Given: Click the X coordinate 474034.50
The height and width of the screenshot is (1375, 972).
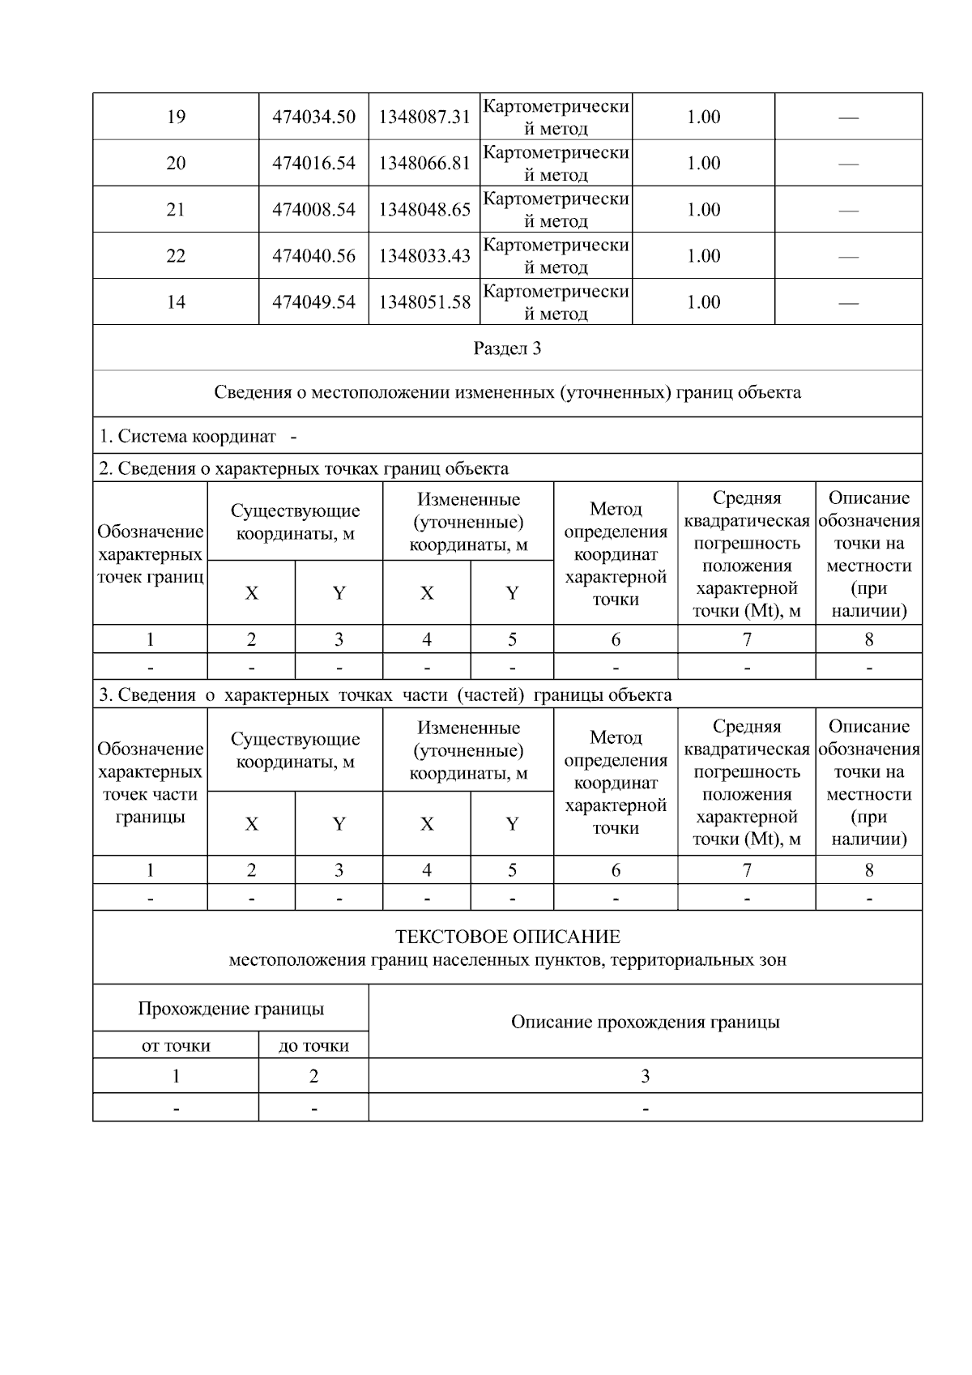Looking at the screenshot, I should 313,117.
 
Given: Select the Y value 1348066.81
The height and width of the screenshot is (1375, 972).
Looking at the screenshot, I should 424,163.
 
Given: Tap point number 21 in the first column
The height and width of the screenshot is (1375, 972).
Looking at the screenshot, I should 176,210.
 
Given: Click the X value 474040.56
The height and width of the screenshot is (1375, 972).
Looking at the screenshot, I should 313,256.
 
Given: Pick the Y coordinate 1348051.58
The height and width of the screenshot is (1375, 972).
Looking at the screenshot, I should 424,302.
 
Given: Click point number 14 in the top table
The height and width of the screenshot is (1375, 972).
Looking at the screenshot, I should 176,302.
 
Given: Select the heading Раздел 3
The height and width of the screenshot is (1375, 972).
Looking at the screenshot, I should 507,348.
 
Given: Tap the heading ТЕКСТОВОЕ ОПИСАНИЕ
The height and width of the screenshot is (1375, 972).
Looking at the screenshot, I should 507,937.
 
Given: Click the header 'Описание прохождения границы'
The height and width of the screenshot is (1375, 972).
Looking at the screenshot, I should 645,1022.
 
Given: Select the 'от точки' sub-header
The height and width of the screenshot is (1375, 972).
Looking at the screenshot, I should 176,1046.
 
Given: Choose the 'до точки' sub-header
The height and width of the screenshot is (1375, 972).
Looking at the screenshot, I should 313,1046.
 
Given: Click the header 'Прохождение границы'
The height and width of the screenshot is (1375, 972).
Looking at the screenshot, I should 231,1009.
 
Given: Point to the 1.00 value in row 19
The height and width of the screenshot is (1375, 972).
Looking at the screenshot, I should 703,117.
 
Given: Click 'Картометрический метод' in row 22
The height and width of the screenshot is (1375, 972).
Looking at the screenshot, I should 556,256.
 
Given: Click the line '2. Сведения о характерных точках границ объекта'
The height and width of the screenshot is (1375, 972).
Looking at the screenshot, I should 304,468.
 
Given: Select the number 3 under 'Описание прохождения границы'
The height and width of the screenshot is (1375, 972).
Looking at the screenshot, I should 645,1077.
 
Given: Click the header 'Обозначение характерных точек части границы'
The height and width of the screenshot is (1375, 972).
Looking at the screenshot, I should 150,783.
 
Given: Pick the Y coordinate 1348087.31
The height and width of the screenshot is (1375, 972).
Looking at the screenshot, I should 424,117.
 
